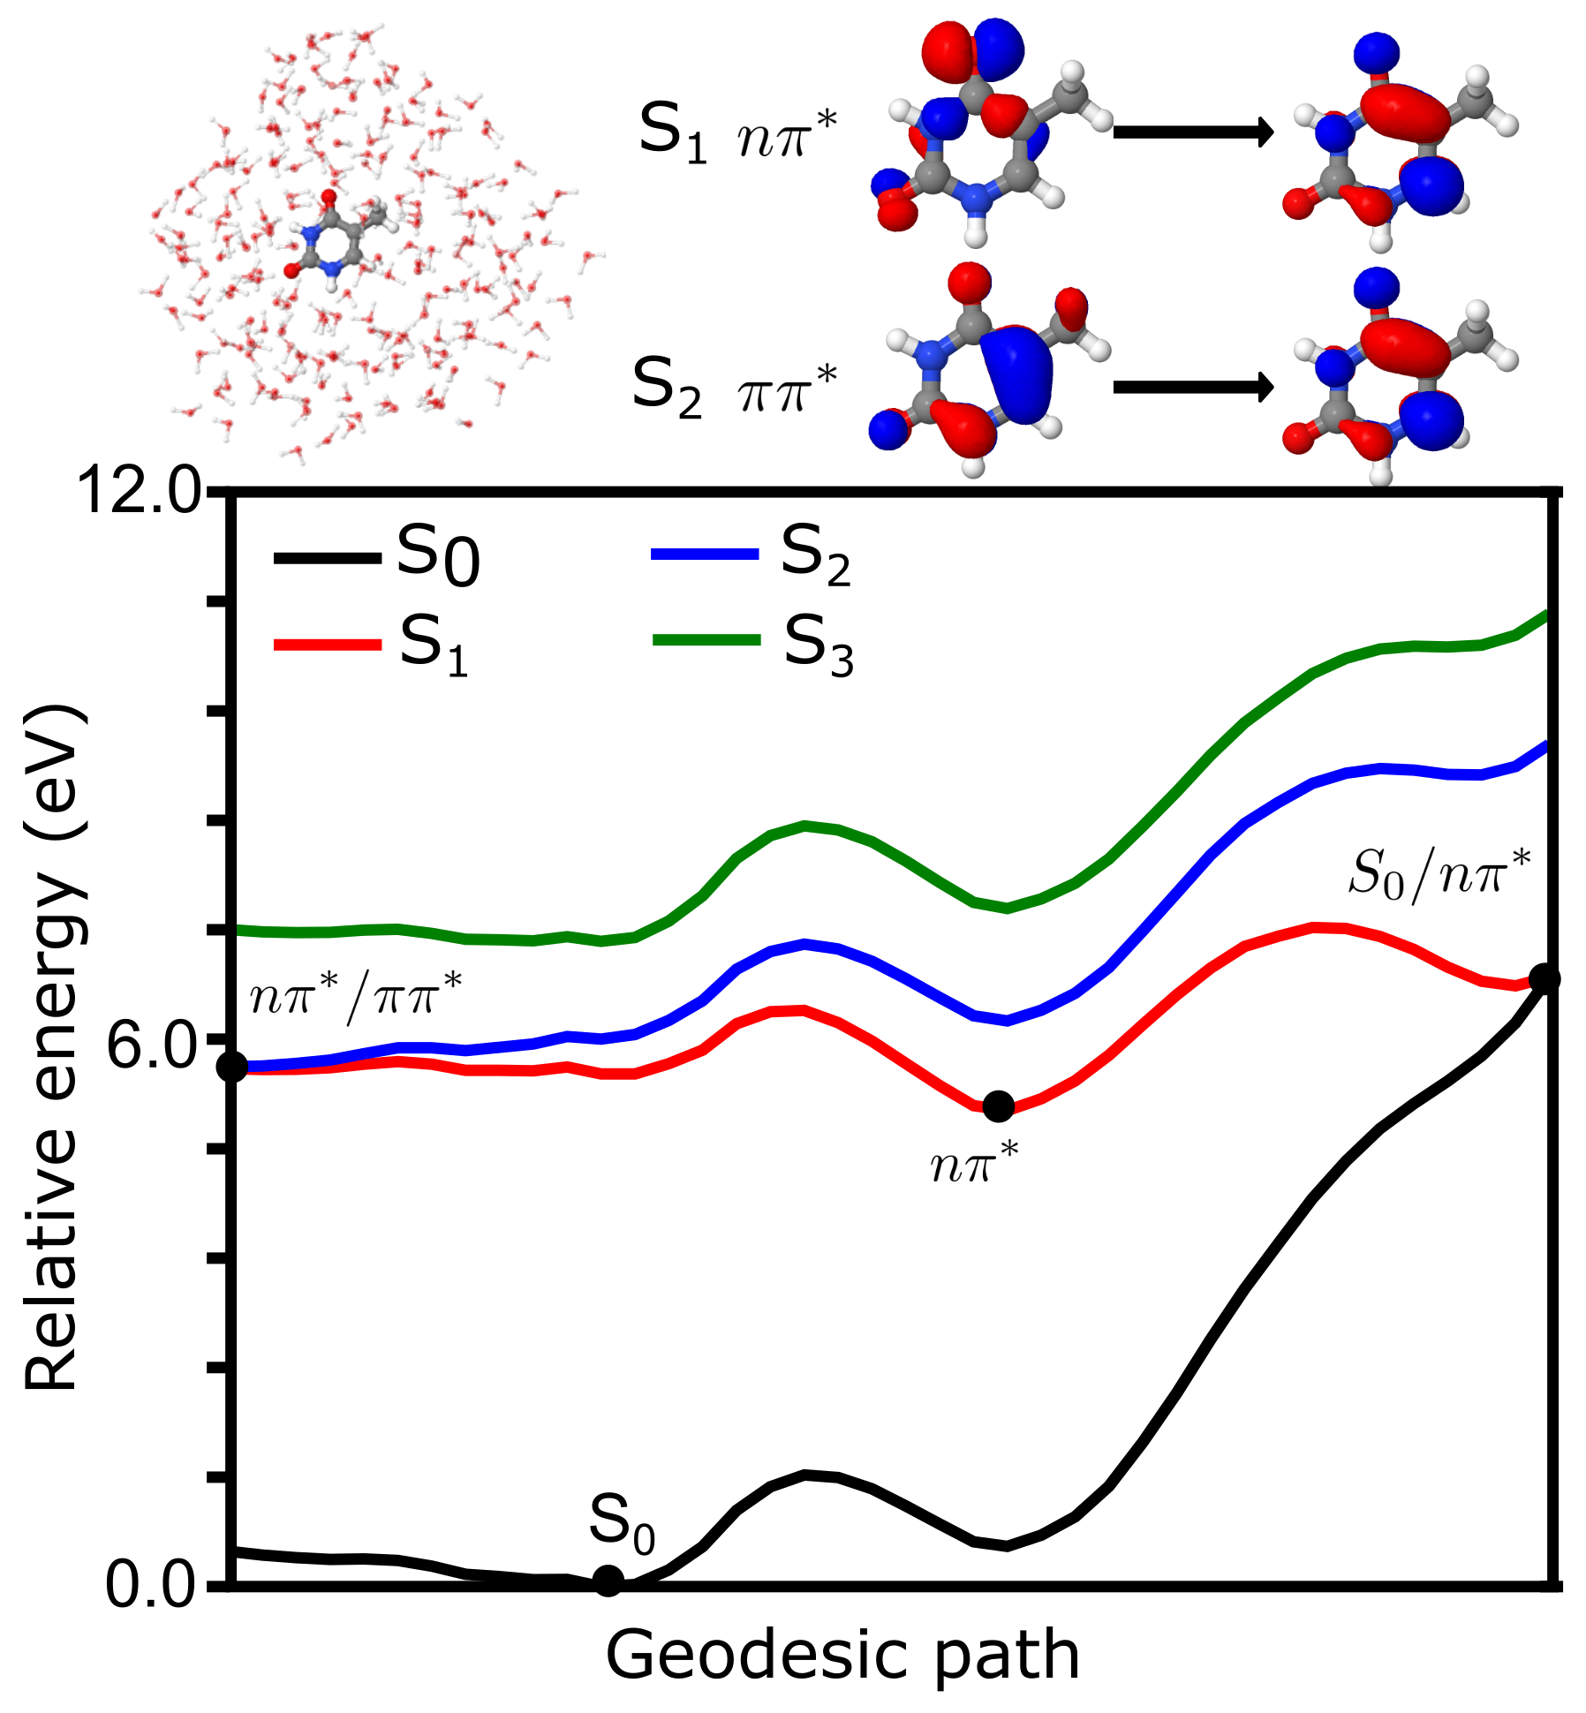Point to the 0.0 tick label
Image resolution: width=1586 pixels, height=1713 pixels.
[x=150, y=1584]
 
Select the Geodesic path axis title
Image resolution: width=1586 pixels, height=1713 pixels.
[x=842, y=1655]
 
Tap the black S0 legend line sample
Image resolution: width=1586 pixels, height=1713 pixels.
[x=327, y=558]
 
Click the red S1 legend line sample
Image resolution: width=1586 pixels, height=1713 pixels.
[x=327, y=645]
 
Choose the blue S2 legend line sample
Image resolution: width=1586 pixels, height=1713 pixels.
[x=705, y=555]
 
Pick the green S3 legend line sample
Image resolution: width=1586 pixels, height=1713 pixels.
[x=706, y=640]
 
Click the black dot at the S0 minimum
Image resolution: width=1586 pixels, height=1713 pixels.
[x=608, y=1580]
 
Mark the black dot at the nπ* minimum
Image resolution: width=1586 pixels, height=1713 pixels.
[x=999, y=1106]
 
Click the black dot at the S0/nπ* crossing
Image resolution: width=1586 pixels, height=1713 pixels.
[x=1544, y=978]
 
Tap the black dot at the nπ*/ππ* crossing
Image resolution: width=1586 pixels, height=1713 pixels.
[x=232, y=1067]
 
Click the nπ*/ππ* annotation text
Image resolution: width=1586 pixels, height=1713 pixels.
[x=356, y=997]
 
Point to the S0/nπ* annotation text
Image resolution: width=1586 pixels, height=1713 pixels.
[x=1439, y=874]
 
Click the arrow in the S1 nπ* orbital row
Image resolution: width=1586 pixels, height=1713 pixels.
[x=1192, y=132]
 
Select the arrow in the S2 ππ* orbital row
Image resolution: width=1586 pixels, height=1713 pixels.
[x=1192, y=387]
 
